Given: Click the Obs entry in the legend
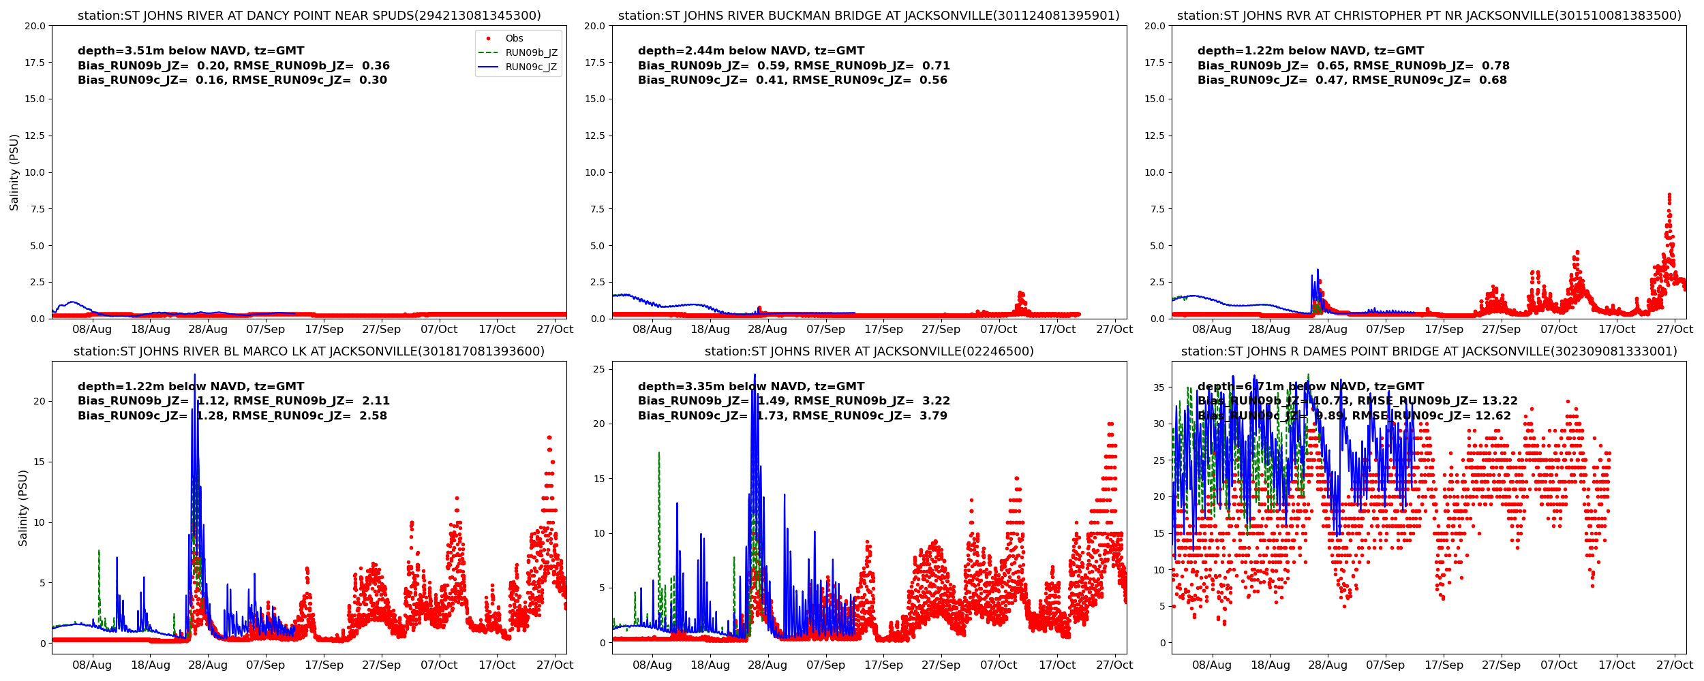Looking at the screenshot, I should (x=514, y=39).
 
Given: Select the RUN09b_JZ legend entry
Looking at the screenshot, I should (x=531, y=53).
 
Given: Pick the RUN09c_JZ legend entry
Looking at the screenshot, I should (x=531, y=67).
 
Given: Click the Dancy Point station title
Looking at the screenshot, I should (x=309, y=16).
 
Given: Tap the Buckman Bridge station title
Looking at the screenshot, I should (x=868, y=16).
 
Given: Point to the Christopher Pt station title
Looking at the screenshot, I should (x=1429, y=16).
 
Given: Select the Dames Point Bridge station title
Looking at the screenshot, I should (x=1429, y=351).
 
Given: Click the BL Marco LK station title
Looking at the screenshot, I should (x=309, y=351).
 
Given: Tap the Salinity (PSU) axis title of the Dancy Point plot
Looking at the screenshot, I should (x=14, y=172).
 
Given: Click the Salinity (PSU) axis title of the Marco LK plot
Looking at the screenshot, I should (x=23, y=508).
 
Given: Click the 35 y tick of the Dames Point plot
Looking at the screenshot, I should (x=1158, y=387).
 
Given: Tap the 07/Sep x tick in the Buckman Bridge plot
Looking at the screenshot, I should (x=825, y=330).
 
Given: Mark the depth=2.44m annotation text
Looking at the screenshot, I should (x=750, y=51).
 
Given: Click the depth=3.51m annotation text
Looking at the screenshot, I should (x=191, y=51).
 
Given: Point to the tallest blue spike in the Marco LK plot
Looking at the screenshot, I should (x=195, y=375).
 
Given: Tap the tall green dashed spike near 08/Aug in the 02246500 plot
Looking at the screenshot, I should (x=659, y=453).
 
